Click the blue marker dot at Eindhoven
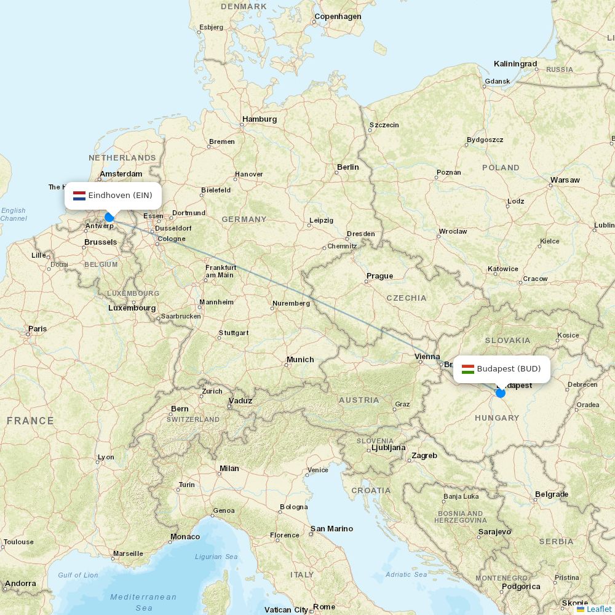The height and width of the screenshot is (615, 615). tap(109, 217)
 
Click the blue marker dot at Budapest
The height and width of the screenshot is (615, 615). tap(501, 393)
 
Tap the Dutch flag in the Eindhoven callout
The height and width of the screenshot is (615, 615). tap(79, 196)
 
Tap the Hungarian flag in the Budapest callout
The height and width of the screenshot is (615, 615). tap(468, 369)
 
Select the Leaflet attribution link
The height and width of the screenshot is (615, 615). tap(599, 609)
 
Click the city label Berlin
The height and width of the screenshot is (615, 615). tap(347, 167)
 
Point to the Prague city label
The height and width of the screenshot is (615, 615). tap(379, 276)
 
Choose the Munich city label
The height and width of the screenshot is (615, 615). tap(300, 360)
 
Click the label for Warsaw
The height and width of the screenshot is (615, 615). tap(565, 180)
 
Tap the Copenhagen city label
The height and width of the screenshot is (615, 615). tap(338, 17)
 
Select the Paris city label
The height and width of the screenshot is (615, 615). tap(38, 329)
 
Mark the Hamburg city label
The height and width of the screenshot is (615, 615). tap(260, 119)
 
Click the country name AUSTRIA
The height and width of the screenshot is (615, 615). tap(359, 400)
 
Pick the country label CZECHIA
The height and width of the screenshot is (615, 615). tap(406, 298)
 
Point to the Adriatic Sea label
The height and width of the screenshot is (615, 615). tap(407, 574)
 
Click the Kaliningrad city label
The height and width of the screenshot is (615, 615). tap(515, 64)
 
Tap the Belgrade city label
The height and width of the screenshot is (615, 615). tap(551, 494)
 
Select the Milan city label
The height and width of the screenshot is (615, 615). tap(229, 469)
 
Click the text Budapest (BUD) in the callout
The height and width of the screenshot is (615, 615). tap(509, 369)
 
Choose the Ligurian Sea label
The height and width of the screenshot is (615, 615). tap(216, 557)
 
